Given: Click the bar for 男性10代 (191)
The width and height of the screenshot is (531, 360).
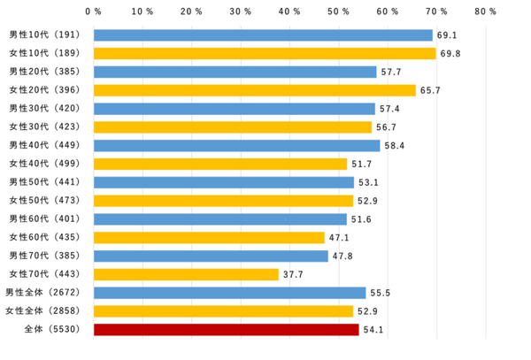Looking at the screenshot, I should click(x=263, y=35).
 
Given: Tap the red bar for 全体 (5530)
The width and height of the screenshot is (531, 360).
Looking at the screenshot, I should click(x=226, y=330).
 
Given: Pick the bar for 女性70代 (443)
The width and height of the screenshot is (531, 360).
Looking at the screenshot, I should click(x=186, y=274).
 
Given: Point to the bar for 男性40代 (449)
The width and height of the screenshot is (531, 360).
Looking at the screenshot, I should click(x=236, y=146).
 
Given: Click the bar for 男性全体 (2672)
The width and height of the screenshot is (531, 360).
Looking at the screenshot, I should click(x=229, y=293).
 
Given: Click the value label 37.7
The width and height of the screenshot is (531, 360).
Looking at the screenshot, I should click(x=293, y=274).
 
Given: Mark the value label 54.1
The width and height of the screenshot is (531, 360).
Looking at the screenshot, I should click(x=373, y=330).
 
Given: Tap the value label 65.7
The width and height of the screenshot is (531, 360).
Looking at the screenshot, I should click(x=430, y=90).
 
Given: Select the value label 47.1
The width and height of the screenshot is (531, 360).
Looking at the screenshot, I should click(x=339, y=238).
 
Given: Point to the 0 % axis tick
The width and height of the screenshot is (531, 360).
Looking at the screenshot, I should click(x=93, y=11).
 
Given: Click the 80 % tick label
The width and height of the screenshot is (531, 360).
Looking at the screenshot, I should click(x=485, y=11).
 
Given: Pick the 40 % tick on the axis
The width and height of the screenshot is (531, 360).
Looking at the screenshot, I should click(x=289, y=11).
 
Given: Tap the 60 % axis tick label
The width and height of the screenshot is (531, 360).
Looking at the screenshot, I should click(x=387, y=11).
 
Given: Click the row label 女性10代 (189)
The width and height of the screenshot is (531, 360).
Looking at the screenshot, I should click(x=44, y=54).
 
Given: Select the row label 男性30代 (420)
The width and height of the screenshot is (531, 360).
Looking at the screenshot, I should click(x=44, y=109).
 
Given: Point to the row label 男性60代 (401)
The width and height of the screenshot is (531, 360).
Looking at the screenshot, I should click(x=44, y=219).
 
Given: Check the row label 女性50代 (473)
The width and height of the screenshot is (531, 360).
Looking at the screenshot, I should click(x=44, y=201).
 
